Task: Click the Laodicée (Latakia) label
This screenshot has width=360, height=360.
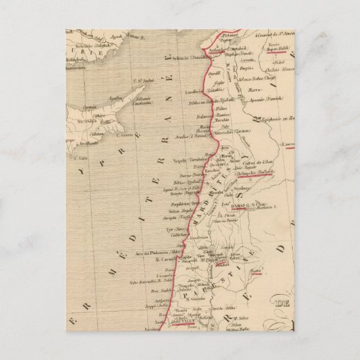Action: point(215,88)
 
